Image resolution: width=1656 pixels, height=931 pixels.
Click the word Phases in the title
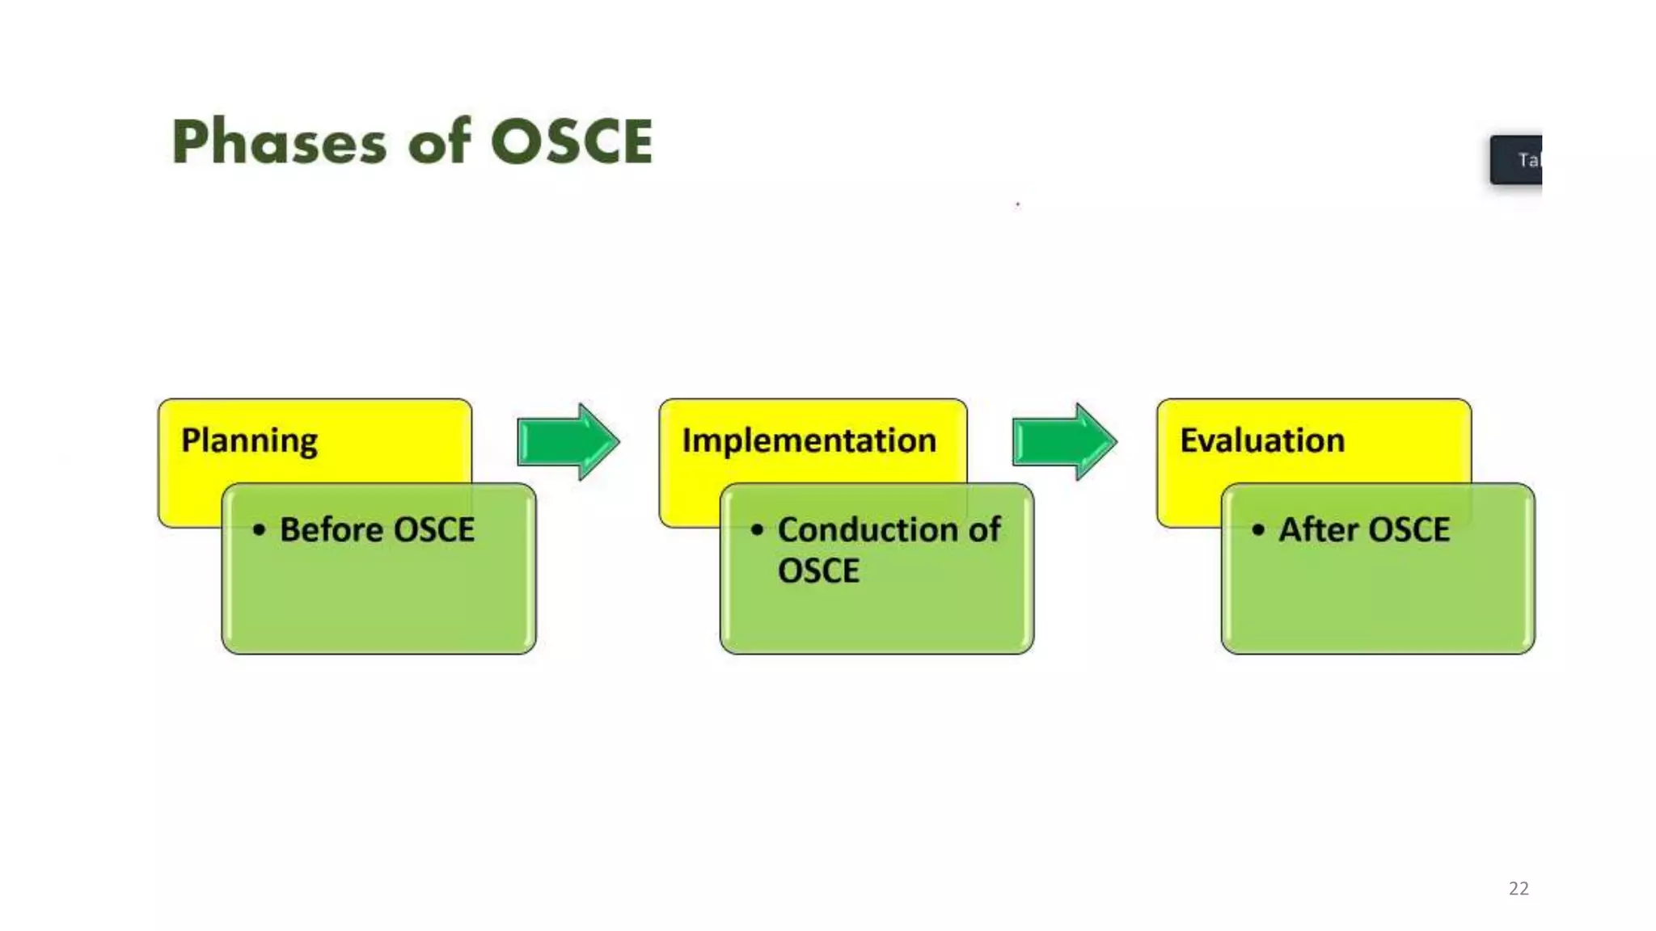tap(279, 142)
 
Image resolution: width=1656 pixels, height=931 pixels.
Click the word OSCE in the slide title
tap(571, 142)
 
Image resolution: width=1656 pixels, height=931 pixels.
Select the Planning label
tap(249, 441)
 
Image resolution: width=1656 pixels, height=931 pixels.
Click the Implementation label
tap(809, 441)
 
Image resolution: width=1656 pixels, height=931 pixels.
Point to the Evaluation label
tap(1262, 441)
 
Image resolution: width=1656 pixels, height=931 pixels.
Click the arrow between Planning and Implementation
tap(568, 441)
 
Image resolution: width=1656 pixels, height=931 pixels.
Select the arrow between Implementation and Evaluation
tap(1064, 441)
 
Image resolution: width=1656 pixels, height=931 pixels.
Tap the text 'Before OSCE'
tap(377, 530)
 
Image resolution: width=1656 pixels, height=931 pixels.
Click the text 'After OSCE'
tap(1364, 530)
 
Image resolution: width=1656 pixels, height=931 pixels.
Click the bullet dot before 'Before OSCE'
tap(259, 530)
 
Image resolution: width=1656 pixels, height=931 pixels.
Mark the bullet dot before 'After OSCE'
tap(1258, 530)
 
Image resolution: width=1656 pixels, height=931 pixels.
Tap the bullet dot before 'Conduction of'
tap(757, 530)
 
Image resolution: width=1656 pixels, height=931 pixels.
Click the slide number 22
tap(1519, 888)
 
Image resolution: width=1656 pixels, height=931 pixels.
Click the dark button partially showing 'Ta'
tap(1516, 160)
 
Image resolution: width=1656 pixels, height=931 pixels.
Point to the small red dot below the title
tap(1018, 204)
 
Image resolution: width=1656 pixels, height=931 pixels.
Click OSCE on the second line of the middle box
tap(818, 571)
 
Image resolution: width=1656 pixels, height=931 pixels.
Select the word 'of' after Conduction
tap(984, 530)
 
